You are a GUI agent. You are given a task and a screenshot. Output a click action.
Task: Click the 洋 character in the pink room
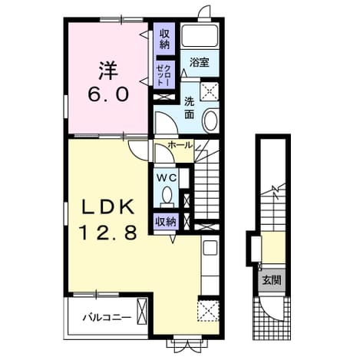[x=107, y=71]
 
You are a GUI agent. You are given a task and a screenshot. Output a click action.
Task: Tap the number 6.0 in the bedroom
[x=107, y=94]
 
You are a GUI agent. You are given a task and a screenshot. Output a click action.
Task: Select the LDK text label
[x=107, y=207]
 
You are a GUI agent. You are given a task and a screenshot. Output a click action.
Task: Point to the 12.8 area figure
[x=107, y=233]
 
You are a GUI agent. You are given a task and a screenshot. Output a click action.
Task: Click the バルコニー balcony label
[x=107, y=318]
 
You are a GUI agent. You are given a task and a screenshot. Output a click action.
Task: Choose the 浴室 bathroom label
[x=200, y=62]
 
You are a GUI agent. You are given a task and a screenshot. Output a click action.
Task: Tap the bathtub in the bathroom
[x=200, y=35]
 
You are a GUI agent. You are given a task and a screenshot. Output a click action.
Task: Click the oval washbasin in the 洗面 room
[x=210, y=121]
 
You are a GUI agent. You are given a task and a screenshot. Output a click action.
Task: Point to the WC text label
[x=167, y=178]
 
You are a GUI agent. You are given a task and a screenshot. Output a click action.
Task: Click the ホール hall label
[x=180, y=145]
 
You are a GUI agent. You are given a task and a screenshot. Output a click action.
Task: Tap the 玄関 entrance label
[x=272, y=280]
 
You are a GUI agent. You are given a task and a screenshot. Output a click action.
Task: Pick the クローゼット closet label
[x=163, y=75]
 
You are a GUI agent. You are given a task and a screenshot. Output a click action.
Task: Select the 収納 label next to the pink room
[x=164, y=39]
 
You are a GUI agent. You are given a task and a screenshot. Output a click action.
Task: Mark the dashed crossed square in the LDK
[x=208, y=311]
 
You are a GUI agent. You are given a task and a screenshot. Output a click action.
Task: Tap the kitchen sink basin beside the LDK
[x=210, y=248]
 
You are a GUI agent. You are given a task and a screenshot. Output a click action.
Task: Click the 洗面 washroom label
[x=190, y=108]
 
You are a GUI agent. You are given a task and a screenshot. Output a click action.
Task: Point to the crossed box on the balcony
[x=142, y=312]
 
